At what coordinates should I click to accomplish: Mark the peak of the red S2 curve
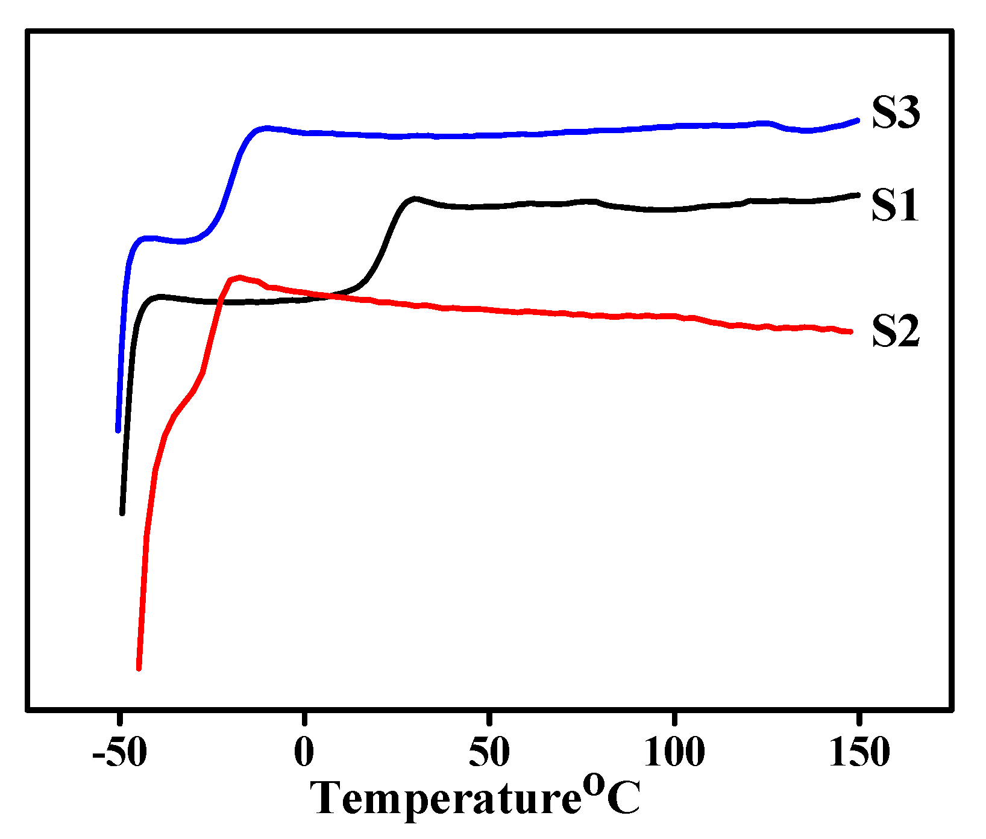coord(240,277)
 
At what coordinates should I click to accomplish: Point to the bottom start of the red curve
coord(139,668)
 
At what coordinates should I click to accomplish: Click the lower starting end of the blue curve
coord(118,430)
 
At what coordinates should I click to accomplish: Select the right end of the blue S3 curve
coord(857,120)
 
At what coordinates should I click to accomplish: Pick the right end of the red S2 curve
coord(850,331)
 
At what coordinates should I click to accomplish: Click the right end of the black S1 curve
coord(857,195)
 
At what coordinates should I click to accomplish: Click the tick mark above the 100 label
coord(674,719)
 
